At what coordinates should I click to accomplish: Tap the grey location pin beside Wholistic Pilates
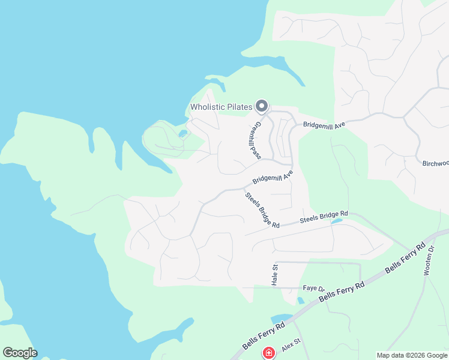pyautogui.click(x=261, y=106)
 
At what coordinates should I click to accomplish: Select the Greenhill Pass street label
pyautogui.click(x=255, y=141)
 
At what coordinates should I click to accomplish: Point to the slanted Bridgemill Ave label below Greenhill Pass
pyautogui.click(x=273, y=178)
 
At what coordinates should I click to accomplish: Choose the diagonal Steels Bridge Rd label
pyautogui.click(x=262, y=209)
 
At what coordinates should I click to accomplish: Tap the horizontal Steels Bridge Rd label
pyautogui.click(x=324, y=217)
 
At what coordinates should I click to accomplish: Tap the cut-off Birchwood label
pyautogui.click(x=435, y=163)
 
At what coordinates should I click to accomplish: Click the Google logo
pyautogui.click(x=20, y=353)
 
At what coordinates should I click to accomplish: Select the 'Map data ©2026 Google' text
pyautogui.click(x=412, y=355)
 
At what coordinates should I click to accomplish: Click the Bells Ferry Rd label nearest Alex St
pyautogui.click(x=264, y=337)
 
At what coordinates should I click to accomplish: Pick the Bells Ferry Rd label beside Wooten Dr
pyautogui.click(x=406, y=257)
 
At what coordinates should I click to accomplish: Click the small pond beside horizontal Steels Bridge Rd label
pyautogui.click(x=337, y=221)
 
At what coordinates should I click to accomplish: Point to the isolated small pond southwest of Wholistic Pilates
pyautogui.click(x=182, y=133)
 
